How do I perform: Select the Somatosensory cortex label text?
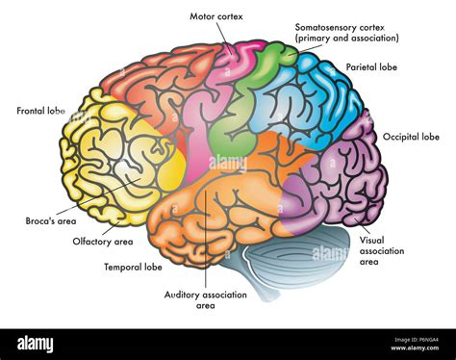346,32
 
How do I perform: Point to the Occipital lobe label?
412,138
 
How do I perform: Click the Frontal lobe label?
40,111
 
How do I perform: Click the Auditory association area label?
202,299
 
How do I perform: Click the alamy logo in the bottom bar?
36,344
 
